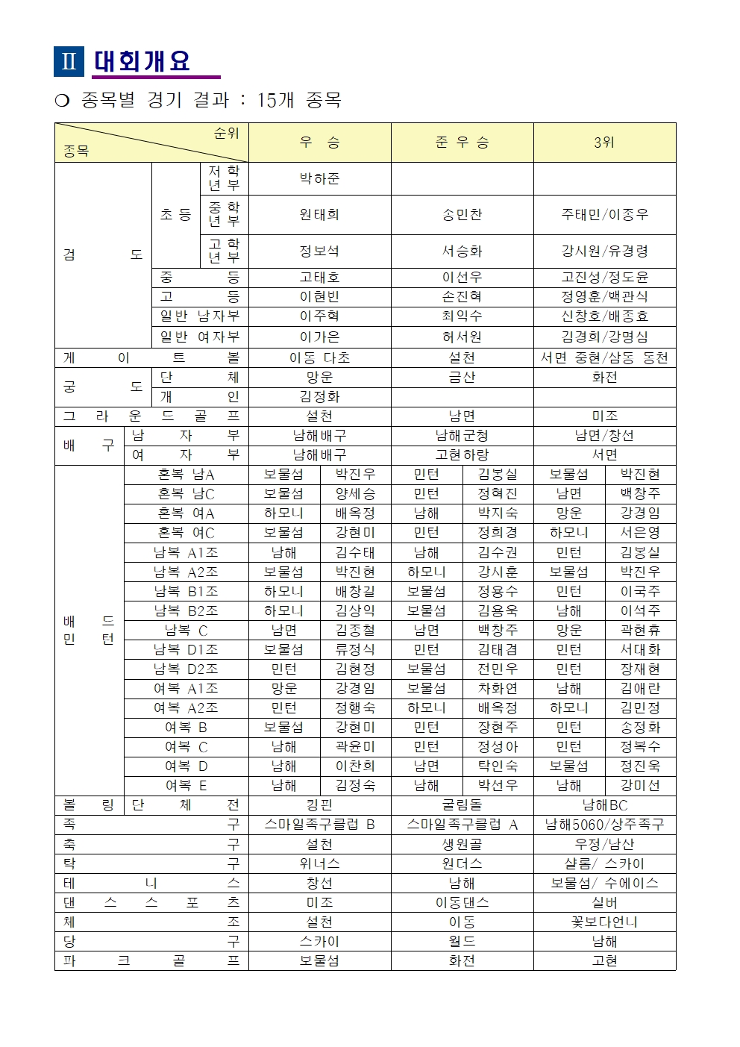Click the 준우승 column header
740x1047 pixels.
462,143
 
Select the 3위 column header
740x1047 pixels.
604,143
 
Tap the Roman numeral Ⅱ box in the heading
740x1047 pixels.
69,61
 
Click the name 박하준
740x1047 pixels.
319,179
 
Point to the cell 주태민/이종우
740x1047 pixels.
604,215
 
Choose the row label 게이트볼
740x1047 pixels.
151,358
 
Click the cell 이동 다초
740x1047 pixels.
319,358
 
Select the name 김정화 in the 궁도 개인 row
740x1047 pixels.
319,397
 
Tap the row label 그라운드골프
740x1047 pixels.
151,416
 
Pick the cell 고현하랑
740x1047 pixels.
462,455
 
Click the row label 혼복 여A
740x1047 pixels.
186,513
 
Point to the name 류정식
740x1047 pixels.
355,650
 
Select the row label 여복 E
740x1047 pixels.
186,786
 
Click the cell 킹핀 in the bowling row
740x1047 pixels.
319,805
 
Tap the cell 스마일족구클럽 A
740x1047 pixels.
462,825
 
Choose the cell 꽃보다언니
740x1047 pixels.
604,922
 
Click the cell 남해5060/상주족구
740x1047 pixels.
604,825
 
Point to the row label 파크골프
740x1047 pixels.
151,961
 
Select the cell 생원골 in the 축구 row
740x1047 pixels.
462,844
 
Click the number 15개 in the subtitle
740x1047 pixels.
275,100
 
